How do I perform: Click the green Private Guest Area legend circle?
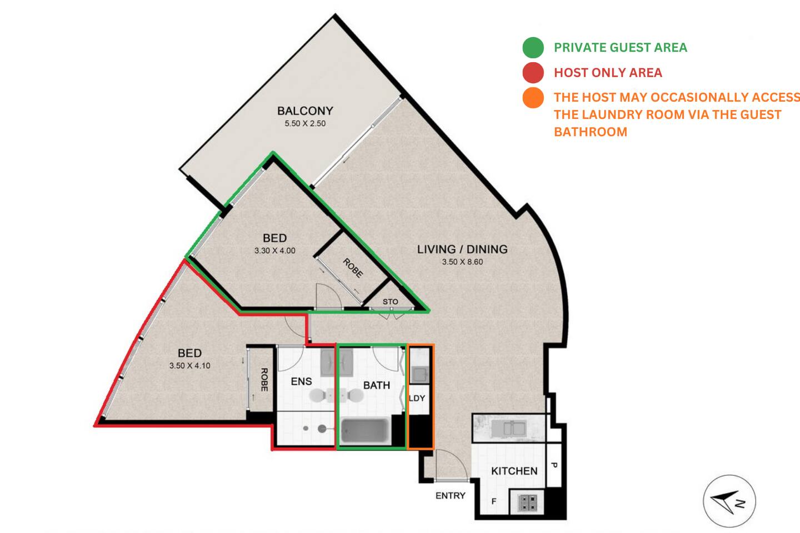pos(533,48)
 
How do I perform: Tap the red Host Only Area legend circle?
pos(533,73)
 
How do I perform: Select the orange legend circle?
pos(533,98)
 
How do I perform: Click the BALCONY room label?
pos(305,111)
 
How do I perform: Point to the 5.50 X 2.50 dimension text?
pos(305,123)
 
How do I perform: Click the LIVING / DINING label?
pos(462,249)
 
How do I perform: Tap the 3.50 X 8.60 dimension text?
pos(462,262)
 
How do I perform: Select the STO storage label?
pos(390,301)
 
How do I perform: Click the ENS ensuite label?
pos(301,381)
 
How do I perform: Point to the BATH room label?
pos(377,385)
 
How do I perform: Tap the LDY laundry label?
pos(417,398)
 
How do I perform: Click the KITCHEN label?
pos(514,471)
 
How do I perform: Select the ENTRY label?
pos(451,495)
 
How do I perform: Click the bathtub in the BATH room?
pos(364,430)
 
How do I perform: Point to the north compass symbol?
pos(729,501)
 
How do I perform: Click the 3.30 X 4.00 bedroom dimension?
pos(274,250)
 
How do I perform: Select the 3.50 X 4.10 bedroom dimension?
pos(189,365)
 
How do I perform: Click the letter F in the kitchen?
pos(494,501)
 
